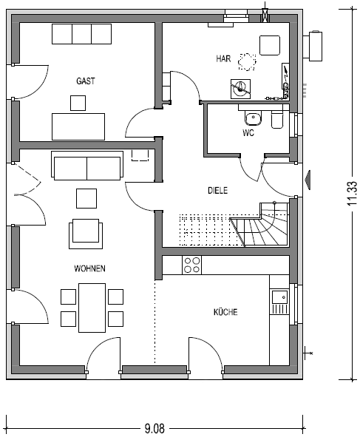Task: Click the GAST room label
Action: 86,81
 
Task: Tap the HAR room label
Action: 223,58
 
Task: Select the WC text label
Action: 248,133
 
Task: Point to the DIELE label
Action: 217,191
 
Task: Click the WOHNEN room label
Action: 89,268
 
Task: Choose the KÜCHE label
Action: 225,311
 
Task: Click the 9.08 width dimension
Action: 154,428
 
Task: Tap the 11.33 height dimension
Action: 352,194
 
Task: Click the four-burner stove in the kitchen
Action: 191,265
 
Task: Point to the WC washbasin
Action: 253,118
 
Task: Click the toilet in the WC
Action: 277,120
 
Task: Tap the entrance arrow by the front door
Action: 308,180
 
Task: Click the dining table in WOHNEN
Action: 92,308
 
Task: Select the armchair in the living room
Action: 86,234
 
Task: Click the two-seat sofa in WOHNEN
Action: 87,166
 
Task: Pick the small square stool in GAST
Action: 78,103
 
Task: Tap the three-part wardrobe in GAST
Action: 81,34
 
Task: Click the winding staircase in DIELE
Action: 260,224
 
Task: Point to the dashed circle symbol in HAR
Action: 247,62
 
